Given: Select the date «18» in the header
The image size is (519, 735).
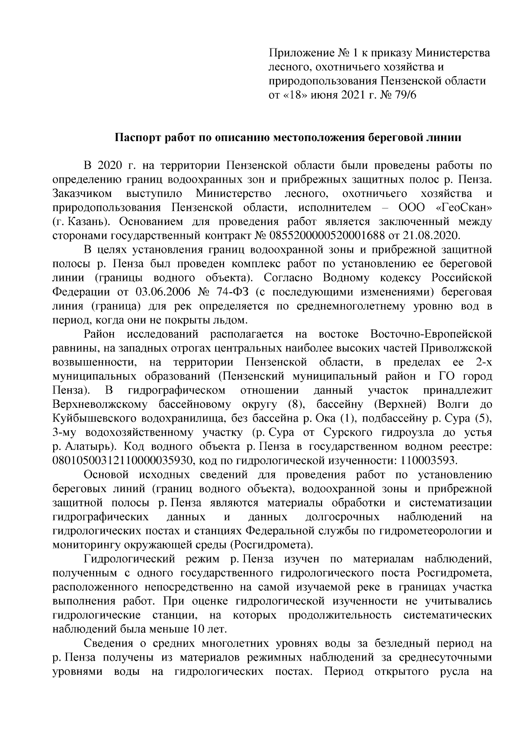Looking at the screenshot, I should pos(295,95).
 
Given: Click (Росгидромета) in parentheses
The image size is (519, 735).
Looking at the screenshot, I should pos(270,544).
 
